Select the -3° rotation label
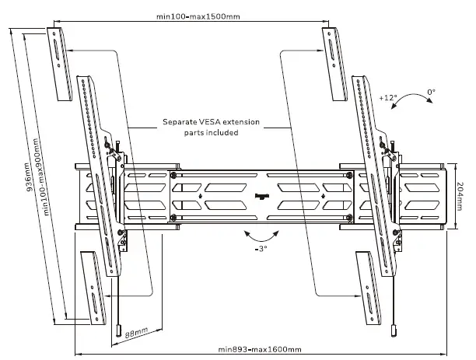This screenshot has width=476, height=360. coord(261,250)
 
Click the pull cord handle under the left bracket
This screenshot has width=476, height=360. coord(117,331)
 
